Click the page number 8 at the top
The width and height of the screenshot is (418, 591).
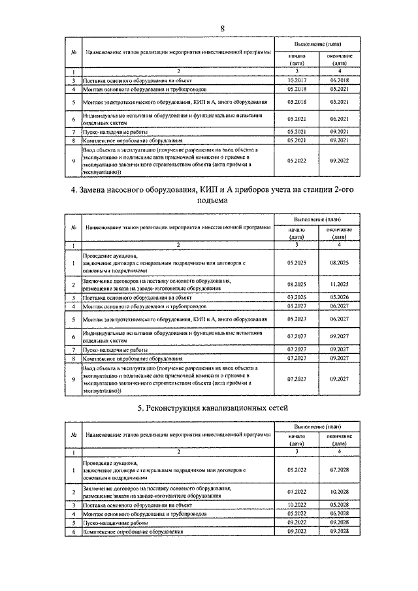222,28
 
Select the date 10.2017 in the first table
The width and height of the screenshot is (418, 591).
297,80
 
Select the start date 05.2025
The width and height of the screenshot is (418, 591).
297,262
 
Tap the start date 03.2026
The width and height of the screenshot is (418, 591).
297,297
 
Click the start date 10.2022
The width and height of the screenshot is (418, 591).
297,504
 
